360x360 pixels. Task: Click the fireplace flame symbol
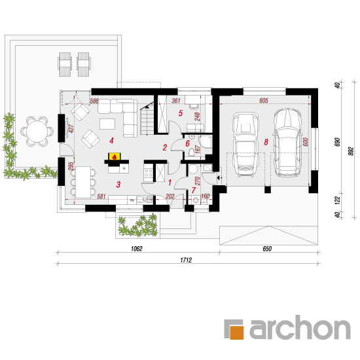click(115, 157)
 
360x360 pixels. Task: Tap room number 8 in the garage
click(266, 142)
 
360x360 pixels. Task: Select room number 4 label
click(111, 141)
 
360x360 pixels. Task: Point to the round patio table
click(37, 132)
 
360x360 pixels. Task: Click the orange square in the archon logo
click(236, 332)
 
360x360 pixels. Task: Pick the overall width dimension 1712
click(186, 260)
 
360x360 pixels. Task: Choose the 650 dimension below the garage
click(267, 249)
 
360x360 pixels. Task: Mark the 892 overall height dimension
click(351, 151)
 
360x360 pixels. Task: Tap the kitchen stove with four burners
click(148, 173)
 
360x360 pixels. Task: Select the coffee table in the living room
click(107, 124)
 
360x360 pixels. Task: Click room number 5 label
click(181, 113)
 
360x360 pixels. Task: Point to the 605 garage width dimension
click(264, 100)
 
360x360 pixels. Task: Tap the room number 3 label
click(118, 185)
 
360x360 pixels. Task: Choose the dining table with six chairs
click(83, 182)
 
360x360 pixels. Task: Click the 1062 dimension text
click(137, 249)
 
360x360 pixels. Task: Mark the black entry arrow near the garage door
click(219, 177)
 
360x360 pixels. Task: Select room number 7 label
click(194, 190)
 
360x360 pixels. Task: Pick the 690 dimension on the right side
click(337, 142)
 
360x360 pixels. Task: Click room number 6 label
click(188, 144)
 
